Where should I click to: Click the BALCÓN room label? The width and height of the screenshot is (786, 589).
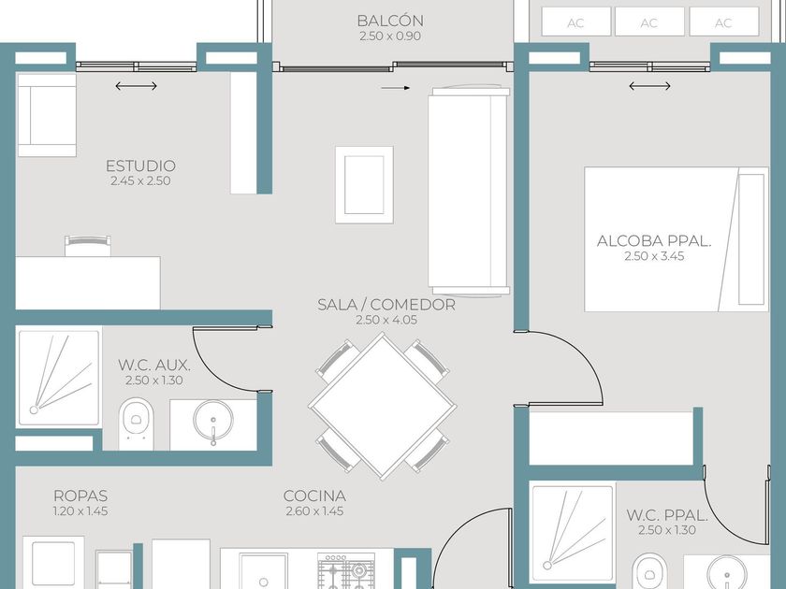(x=390, y=21)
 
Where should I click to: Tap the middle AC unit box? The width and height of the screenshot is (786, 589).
(x=649, y=22)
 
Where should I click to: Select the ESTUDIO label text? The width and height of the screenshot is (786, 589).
(x=140, y=165)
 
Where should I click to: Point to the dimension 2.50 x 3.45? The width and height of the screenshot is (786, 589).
(x=654, y=256)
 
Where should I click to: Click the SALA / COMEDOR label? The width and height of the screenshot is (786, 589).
(x=386, y=305)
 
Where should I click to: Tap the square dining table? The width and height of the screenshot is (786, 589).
(x=383, y=406)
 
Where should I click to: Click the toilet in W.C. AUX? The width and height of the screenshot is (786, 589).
(x=136, y=424)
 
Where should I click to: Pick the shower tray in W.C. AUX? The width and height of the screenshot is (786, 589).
(x=59, y=377)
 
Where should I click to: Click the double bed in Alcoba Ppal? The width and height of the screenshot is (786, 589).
(x=677, y=239)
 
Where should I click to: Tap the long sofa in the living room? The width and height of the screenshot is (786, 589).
(x=469, y=191)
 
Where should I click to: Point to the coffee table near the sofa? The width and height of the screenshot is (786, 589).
(x=364, y=185)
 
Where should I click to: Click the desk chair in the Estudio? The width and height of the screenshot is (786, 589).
(x=88, y=245)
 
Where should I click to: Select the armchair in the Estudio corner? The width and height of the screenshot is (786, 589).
(x=46, y=115)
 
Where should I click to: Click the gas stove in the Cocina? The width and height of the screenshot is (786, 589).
(x=346, y=570)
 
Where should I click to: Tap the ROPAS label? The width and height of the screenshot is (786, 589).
(x=80, y=496)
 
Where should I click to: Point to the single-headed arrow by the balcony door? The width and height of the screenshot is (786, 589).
(x=396, y=88)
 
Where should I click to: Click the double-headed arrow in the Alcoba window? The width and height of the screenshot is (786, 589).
(x=649, y=86)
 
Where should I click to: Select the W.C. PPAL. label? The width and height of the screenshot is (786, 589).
(x=666, y=515)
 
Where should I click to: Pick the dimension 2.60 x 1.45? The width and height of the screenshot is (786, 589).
(x=314, y=511)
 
